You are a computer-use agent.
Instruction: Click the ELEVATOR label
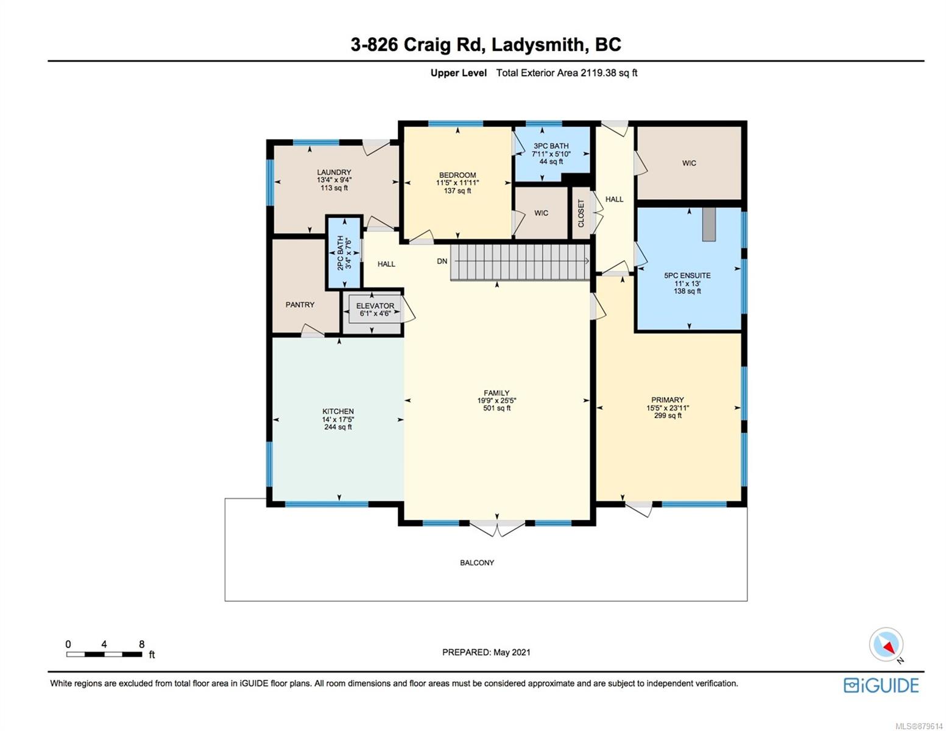point(375,306)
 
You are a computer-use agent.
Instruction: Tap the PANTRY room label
point(300,305)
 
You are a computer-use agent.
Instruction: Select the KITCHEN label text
point(338,411)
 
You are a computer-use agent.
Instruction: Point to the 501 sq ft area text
point(496,408)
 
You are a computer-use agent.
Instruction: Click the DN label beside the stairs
point(442,261)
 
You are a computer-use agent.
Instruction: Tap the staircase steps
point(520,262)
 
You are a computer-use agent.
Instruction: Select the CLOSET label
point(581,213)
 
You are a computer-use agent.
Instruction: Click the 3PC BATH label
point(551,146)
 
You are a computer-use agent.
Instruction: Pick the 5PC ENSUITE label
point(687,275)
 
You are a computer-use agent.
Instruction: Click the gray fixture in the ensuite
point(709,224)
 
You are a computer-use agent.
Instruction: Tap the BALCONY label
point(477,563)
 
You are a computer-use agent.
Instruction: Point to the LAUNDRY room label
point(334,172)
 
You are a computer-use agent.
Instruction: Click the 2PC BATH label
point(341,253)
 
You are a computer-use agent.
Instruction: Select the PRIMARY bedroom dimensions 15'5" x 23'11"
point(668,408)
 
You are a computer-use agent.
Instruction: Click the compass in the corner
point(886,644)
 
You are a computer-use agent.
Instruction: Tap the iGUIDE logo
point(881,685)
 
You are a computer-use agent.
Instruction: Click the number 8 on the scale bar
point(141,644)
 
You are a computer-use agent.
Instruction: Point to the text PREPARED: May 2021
point(486,652)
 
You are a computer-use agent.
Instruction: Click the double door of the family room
point(497,528)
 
